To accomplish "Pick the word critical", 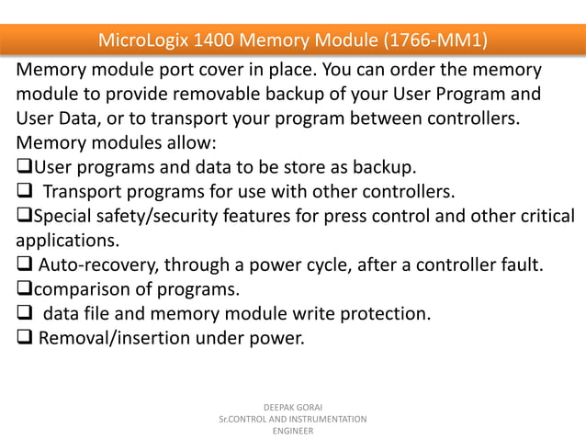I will (x=545, y=217).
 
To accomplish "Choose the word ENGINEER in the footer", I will (x=292, y=431).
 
